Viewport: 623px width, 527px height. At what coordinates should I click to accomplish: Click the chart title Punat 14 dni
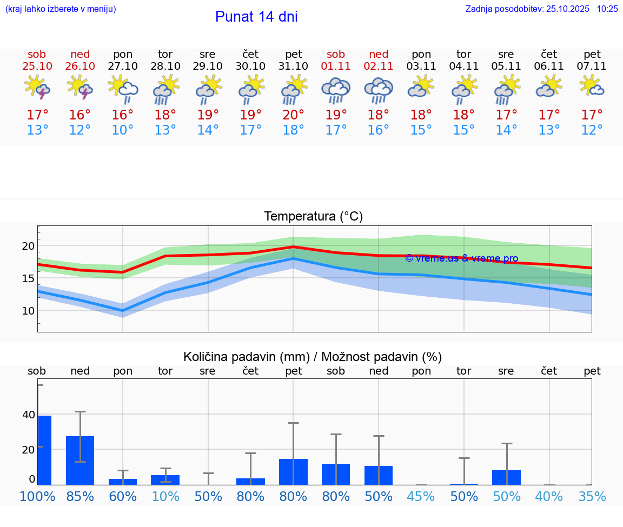(x=256, y=17)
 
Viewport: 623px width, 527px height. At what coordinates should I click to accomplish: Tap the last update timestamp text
(x=541, y=9)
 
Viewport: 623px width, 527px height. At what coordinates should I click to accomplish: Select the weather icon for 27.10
(x=123, y=89)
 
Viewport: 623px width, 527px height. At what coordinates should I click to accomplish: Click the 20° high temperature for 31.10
(x=294, y=115)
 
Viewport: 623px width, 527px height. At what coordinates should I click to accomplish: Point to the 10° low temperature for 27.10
(x=123, y=130)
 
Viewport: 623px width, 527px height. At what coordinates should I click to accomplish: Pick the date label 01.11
(x=336, y=66)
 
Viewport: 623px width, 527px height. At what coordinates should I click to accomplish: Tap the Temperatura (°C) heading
(x=313, y=217)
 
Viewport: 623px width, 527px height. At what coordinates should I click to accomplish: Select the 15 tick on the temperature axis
(x=28, y=278)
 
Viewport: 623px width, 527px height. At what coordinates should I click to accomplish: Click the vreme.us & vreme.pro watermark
(x=461, y=258)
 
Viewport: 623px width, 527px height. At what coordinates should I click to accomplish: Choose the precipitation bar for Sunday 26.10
(x=80, y=460)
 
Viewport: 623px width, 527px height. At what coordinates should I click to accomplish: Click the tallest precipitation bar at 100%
(x=44, y=450)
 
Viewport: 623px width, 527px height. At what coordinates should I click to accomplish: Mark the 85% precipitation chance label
(x=80, y=496)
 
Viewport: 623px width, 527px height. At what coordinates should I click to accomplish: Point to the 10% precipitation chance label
(x=165, y=496)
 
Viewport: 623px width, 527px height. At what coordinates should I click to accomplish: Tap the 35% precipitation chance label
(x=592, y=496)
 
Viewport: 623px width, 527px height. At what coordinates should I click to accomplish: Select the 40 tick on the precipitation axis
(x=28, y=415)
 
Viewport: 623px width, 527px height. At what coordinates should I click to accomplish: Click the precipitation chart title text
(x=313, y=357)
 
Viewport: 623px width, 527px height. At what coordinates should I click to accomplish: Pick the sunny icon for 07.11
(x=592, y=86)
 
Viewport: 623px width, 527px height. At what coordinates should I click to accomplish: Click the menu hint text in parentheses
(x=61, y=9)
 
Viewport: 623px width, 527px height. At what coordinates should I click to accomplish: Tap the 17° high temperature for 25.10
(x=37, y=115)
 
